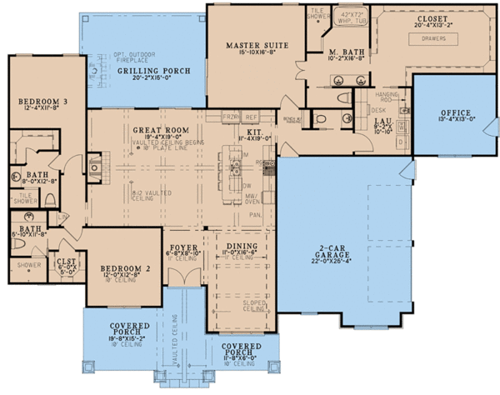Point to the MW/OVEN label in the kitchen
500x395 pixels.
point(264,197)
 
